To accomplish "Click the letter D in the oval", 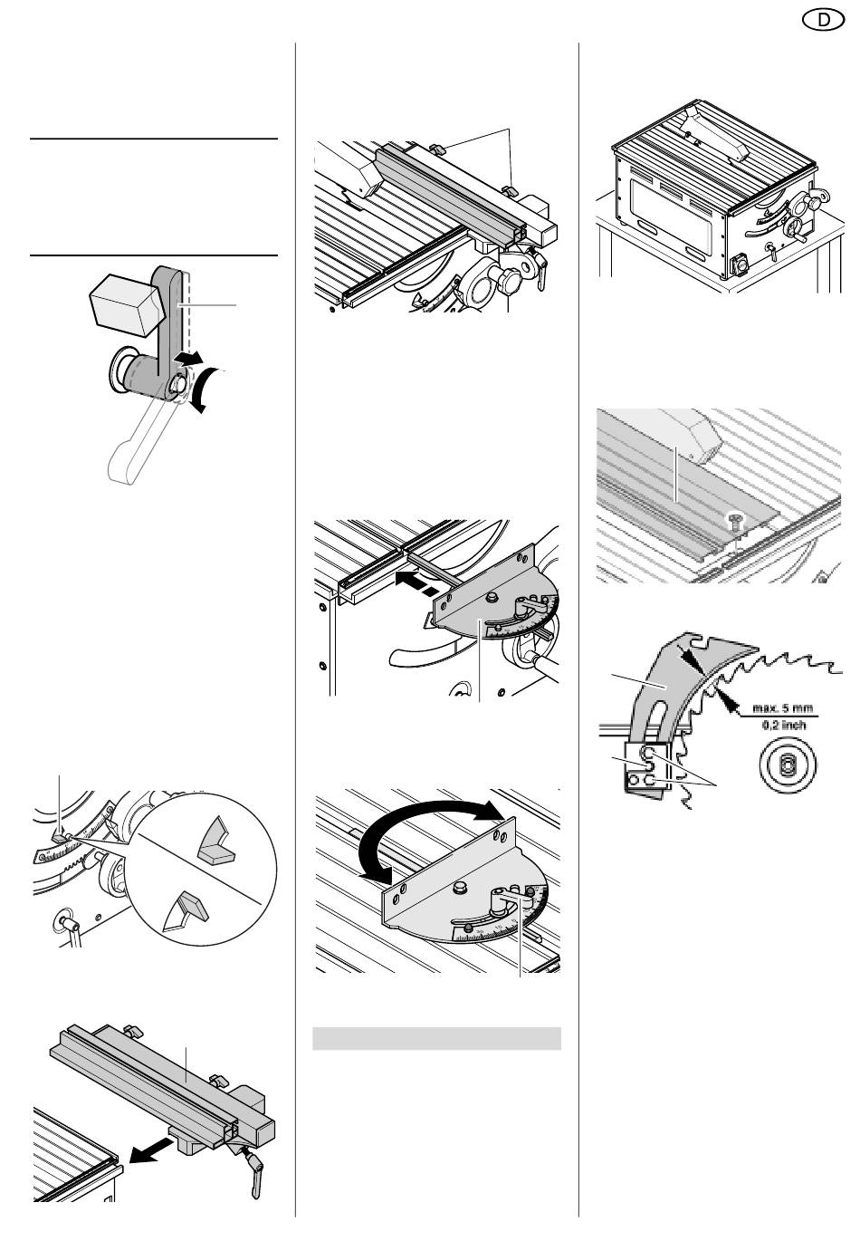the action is pyautogui.click(x=824, y=21).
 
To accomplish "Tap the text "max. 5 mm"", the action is pyautogui.click(x=782, y=707).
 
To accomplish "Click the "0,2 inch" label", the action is pyautogui.click(x=784, y=724).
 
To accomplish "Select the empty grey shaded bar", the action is pyautogui.click(x=436, y=1038).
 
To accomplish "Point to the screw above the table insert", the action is pyautogui.click(x=735, y=519).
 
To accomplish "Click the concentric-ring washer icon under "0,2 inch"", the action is pyautogui.click(x=787, y=765).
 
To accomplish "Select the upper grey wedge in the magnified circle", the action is pyautogui.click(x=216, y=841).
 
